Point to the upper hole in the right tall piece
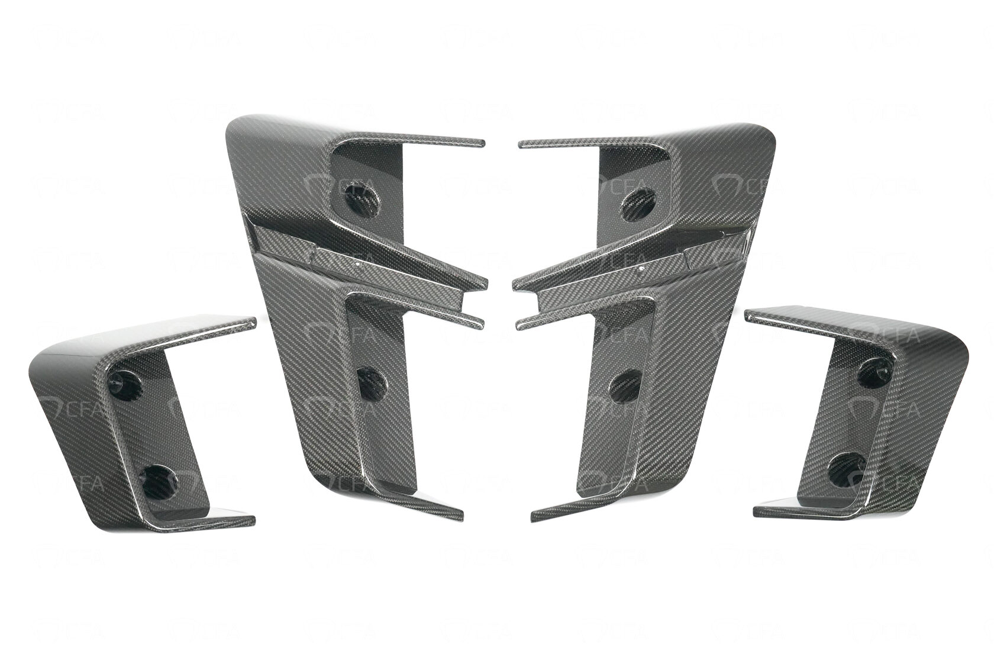coord(637,199)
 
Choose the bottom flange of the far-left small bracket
coord(231,521)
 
